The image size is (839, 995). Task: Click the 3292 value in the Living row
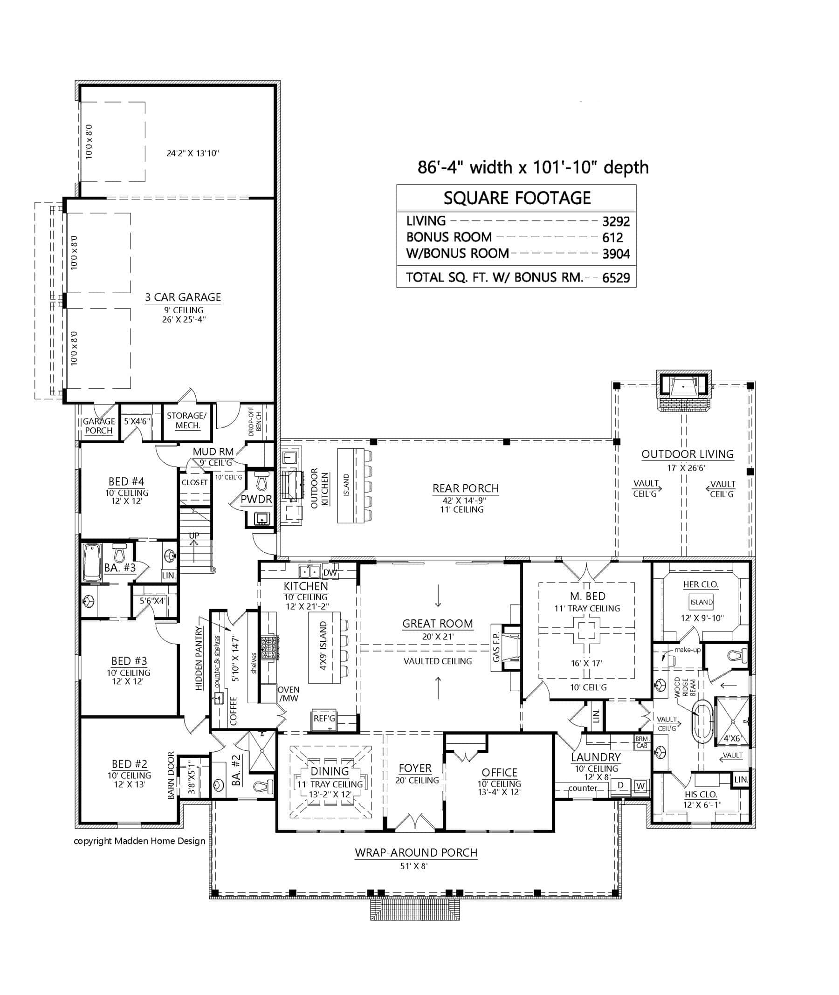(615, 222)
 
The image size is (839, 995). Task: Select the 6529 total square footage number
(615, 278)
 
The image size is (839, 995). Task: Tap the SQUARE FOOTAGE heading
(516, 198)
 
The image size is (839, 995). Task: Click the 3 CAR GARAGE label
(183, 297)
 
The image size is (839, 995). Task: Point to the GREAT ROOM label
(437, 624)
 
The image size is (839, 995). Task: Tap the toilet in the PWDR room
(261, 483)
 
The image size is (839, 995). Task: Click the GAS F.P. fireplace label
(496, 647)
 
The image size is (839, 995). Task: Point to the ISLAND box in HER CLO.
(701, 602)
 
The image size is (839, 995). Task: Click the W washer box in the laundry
(640, 786)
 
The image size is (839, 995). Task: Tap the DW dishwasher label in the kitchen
(330, 573)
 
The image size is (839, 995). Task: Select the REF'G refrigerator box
(324, 718)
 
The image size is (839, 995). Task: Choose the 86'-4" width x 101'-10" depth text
(533, 167)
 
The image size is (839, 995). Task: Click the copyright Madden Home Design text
(139, 841)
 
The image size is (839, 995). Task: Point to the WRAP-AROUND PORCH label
(416, 853)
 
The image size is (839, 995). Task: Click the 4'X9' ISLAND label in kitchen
(323, 646)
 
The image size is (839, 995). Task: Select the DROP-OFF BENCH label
(255, 422)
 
